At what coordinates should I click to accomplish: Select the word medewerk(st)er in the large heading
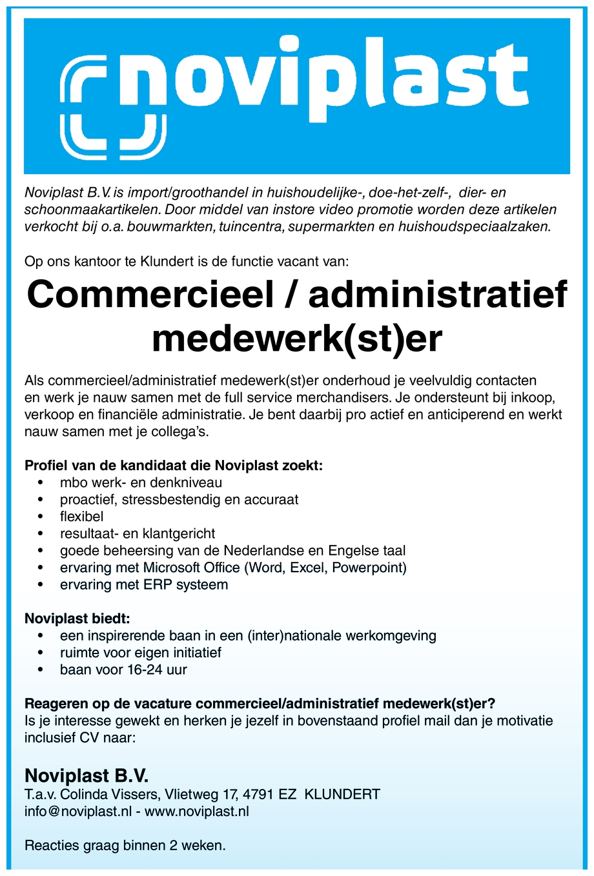pyautogui.click(x=297, y=338)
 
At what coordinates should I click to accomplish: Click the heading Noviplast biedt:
pyautogui.click(x=77, y=619)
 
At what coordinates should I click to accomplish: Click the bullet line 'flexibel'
pyautogui.click(x=82, y=517)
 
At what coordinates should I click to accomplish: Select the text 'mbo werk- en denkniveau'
pyautogui.click(x=141, y=483)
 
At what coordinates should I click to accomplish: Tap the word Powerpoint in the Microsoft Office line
pyautogui.click(x=369, y=568)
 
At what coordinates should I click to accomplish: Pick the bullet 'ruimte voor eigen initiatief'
pyautogui.click(x=141, y=653)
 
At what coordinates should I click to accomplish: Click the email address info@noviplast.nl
pyautogui.click(x=77, y=811)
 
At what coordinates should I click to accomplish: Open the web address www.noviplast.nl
pyautogui.click(x=197, y=811)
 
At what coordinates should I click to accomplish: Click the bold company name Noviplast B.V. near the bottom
pyautogui.click(x=87, y=775)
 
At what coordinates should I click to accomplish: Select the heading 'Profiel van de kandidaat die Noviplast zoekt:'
pyautogui.click(x=173, y=465)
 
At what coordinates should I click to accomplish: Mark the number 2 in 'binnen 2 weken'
pyautogui.click(x=174, y=846)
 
